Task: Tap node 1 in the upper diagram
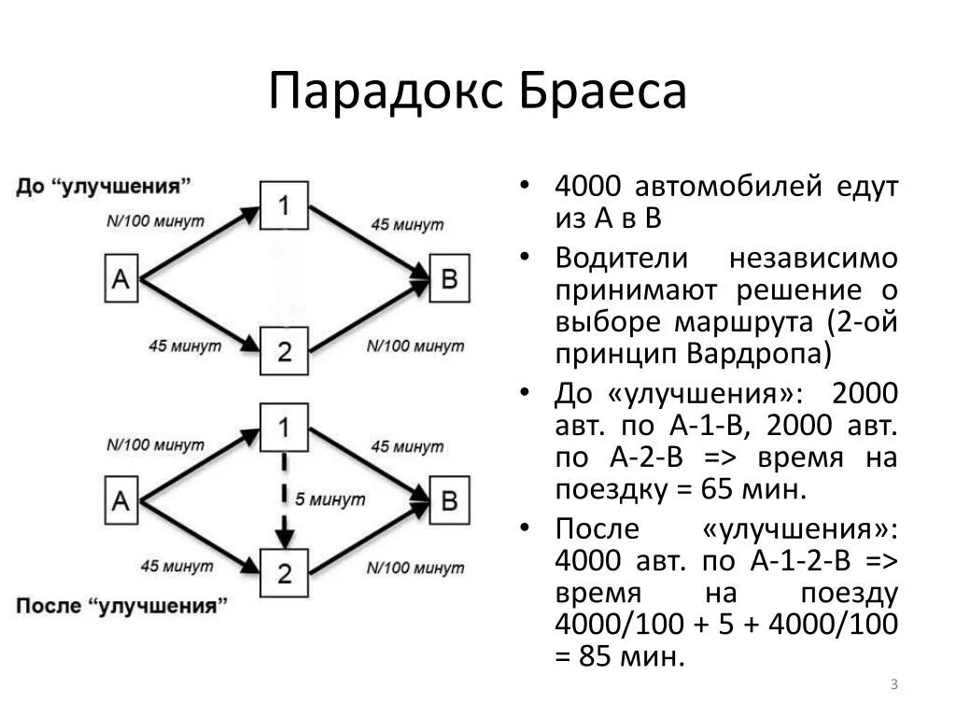[285, 204]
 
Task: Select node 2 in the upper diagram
[285, 351]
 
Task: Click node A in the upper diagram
[120, 278]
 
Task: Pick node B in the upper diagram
[449, 278]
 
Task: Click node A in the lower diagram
[120, 500]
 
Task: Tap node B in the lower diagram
[449, 500]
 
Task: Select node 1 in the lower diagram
[285, 427]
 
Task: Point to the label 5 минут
[330, 499]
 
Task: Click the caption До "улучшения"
[104, 185]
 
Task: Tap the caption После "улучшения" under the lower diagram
[121, 605]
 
